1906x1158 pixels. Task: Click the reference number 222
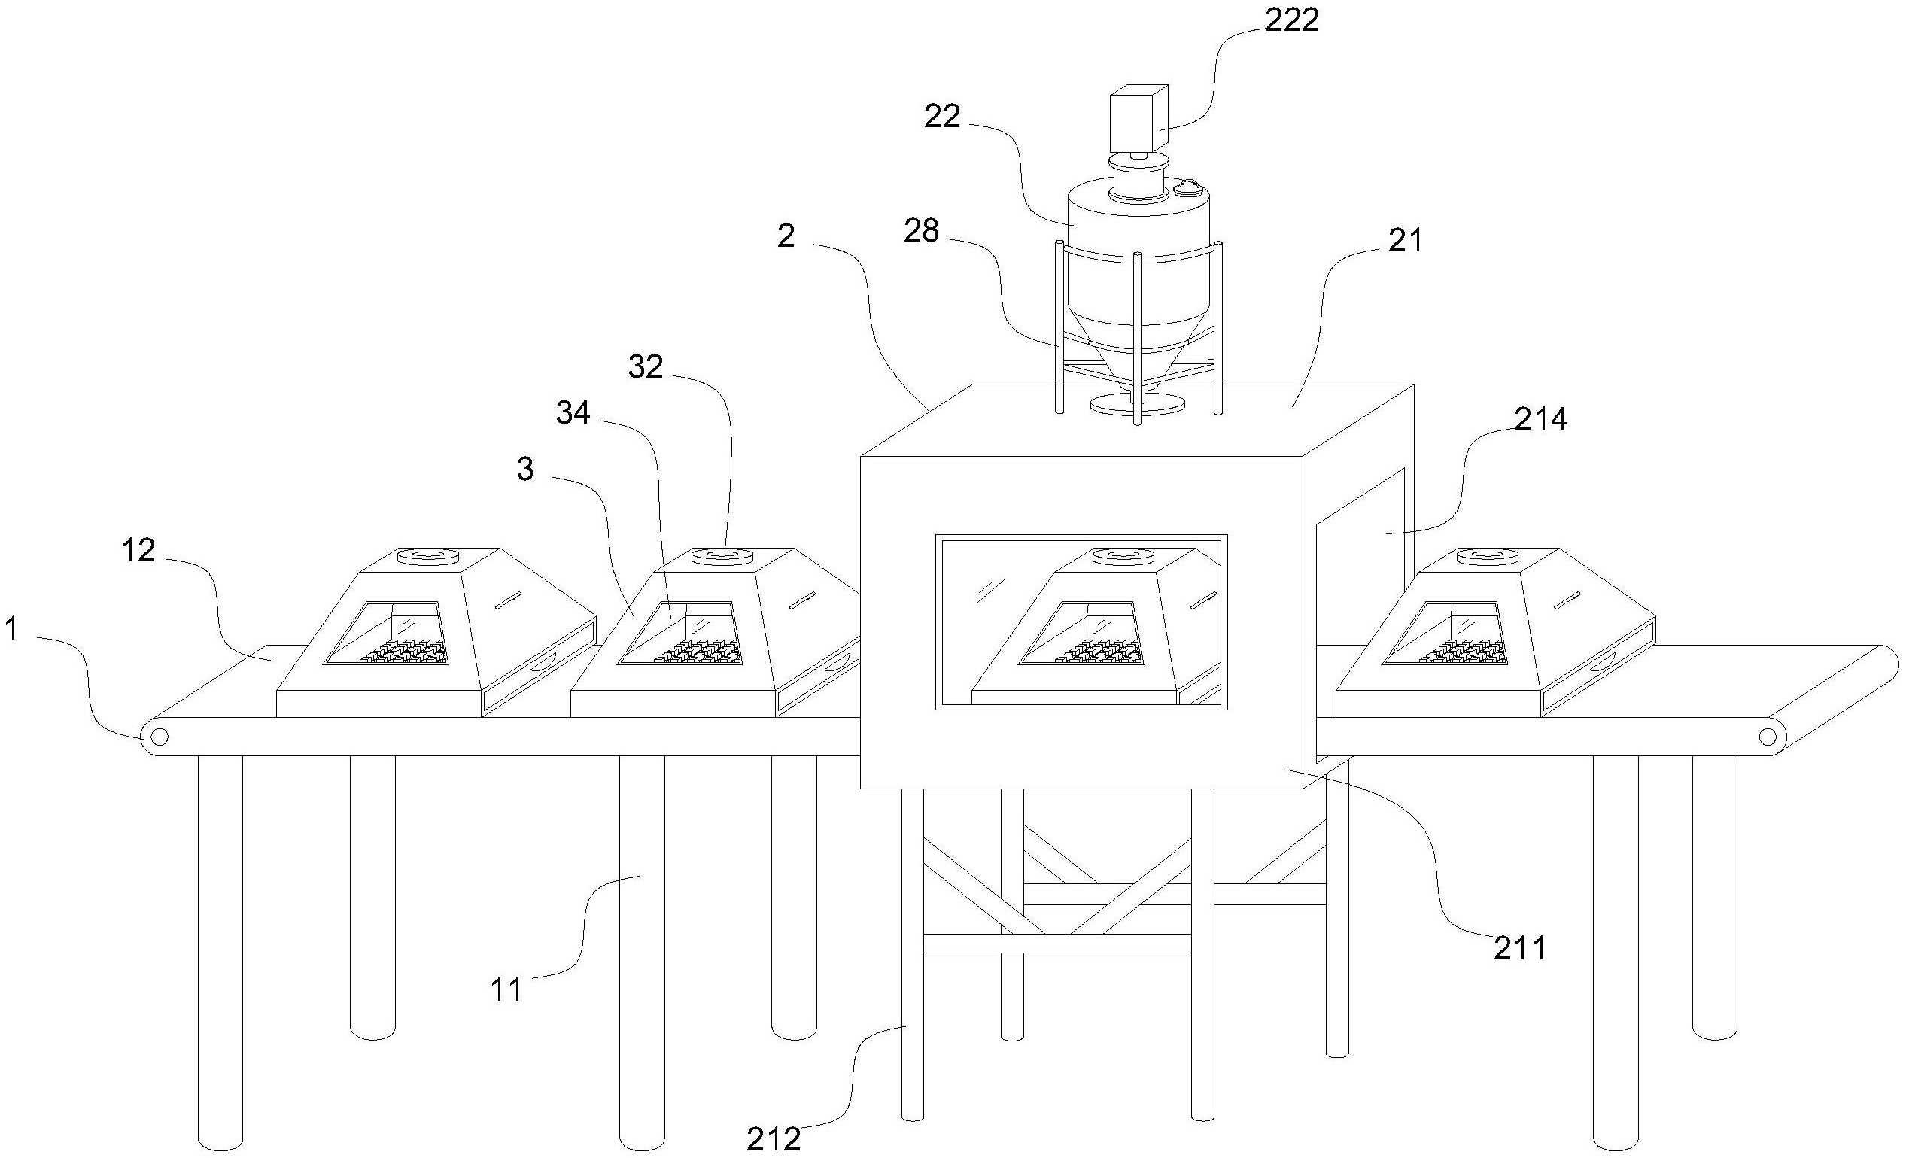(x=1291, y=20)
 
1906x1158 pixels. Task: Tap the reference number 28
(x=921, y=230)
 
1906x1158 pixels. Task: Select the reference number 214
(x=1540, y=420)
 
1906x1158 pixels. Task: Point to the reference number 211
(x=1518, y=948)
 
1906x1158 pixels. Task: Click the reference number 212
(x=773, y=1138)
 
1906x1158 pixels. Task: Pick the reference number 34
(x=573, y=414)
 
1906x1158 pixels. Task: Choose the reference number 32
(x=645, y=367)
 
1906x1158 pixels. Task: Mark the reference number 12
(x=138, y=551)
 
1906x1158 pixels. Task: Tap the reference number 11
(x=507, y=990)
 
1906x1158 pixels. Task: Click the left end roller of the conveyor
(x=159, y=737)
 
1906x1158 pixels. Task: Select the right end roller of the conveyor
(x=1768, y=736)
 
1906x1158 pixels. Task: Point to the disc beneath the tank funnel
(x=1137, y=405)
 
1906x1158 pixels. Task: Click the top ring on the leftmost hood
(x=427, y=556)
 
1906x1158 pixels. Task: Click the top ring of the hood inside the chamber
(x=1122, y=556)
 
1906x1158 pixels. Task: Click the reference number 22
(x=942, y=117)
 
